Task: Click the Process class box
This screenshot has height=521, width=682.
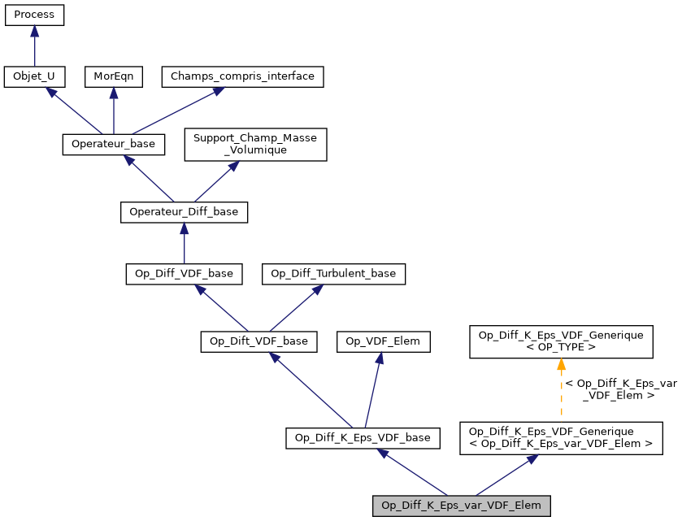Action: click(34, 15)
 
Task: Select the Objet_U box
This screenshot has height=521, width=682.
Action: click(34, 77)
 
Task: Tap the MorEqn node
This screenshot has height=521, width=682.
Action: click(113, 77)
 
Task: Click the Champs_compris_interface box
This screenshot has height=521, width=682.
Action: click(243, 77)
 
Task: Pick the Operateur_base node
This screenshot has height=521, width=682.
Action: click(114, 145)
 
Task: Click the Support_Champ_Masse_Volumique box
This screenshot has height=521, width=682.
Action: click(256, 144)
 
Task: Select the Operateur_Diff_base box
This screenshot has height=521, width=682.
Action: click(184, 212)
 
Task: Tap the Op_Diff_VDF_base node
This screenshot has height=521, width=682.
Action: click(184, 274)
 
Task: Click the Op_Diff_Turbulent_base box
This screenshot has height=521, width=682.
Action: click(333, 274)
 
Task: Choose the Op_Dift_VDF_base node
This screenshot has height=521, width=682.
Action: click(258, 341)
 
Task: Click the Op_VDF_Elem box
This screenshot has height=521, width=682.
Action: click(383, 341)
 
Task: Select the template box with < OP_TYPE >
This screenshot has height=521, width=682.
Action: click(561, 341)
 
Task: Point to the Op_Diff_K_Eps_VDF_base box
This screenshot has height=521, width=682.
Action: click(363, 438)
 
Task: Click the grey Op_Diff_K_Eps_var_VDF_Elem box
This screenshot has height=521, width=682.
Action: click(462, 506)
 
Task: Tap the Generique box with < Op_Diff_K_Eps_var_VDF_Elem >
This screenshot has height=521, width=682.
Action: click(561, 438)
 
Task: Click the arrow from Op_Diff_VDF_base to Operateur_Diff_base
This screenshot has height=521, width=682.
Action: click(184, 244)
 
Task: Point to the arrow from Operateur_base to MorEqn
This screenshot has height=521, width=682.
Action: click(113, 111)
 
